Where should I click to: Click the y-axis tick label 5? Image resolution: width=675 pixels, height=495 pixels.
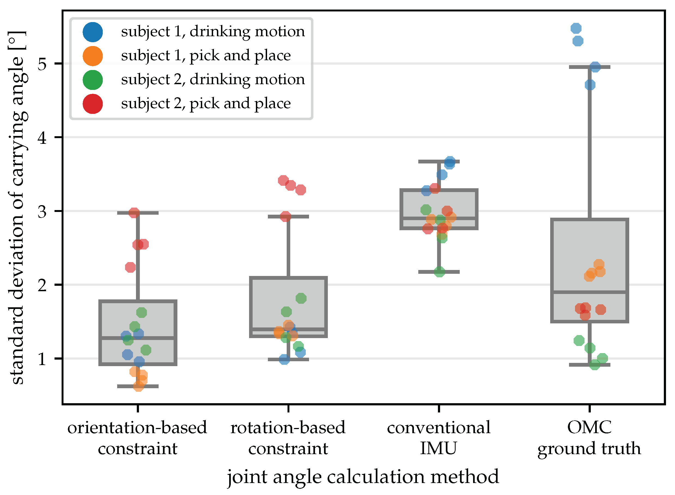pyautogui.click(x=42, y=64)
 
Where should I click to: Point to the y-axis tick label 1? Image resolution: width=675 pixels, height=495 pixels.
pyautogui.click(x=42, y=359)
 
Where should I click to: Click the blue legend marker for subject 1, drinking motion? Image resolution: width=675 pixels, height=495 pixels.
pyautogui.click(x=93, y=32)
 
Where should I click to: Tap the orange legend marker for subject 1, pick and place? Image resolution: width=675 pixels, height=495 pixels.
pyautogui.click(x=93, y=56)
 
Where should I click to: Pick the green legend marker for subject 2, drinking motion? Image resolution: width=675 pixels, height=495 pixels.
pyautogui.click(x=93, y=80)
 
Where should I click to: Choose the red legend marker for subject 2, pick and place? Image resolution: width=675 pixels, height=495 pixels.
pyautogui.click(x=93, y=104)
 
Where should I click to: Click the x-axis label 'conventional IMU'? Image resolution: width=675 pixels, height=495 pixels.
pyautogui.click(x=438, y=438)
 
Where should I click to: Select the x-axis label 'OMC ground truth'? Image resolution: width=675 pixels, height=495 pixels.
pyautogui.click(x=589, y=438)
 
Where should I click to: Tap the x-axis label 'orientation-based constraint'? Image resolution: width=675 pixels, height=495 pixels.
pyautogui.click(x=137, y=438)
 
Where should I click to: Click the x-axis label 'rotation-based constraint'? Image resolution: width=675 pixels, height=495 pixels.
pyautogui.click(x=288, y=438)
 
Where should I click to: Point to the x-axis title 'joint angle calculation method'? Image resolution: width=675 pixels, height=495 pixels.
pyautogui.click(x=363, y=477)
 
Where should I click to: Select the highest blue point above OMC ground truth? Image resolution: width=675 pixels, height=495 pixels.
pyautogui.click(x=576, y=28)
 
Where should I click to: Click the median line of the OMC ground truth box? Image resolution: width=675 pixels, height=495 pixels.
pyautogui.click(x=589, y=291)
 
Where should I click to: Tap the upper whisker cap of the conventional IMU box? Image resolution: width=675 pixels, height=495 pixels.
pyautogui.click(x=438, y=162)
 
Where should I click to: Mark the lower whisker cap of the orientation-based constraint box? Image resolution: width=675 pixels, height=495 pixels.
pyautogui.click(x=138, y=386)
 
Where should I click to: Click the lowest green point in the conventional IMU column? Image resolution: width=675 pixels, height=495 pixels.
pyautogui.click(x=439, y=272)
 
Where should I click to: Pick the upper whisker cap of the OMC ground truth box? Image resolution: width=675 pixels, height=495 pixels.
pyautogui.click(x=589, y=67)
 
